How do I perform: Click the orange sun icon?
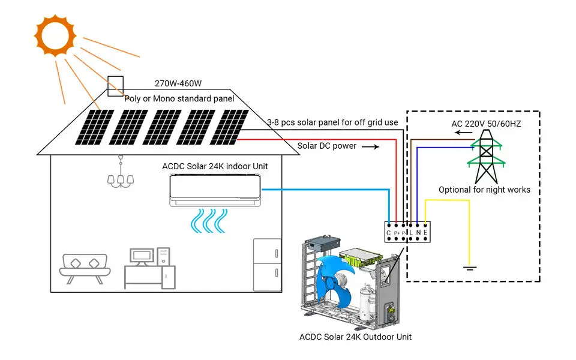55,35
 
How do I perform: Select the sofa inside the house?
85,268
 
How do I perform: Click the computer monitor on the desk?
142,257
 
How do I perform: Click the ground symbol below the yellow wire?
470,267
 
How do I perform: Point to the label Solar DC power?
327,146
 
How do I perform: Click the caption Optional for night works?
484,190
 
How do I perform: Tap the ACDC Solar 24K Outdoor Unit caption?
356,337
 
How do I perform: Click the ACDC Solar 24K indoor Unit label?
215,166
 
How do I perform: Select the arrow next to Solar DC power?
371,146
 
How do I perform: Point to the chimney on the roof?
115,86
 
